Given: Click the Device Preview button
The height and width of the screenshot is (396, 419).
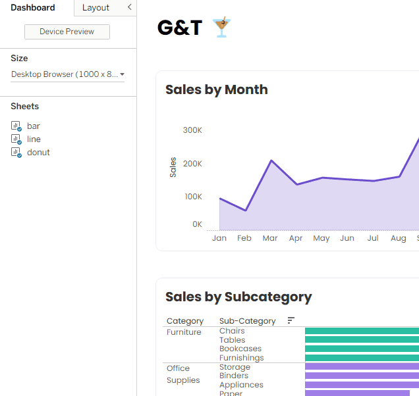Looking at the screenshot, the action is tap(67, 32).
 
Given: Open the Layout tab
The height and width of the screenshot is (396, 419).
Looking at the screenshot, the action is tap(96, 7).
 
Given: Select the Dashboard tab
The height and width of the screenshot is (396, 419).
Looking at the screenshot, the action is tap(32, 7).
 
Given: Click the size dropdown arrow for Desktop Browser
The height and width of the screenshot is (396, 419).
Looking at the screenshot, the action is tap(122, 74).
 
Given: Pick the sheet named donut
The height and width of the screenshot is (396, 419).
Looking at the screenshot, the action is tap(38, 153).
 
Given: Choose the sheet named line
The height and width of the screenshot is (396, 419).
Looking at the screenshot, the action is tap(34, 139).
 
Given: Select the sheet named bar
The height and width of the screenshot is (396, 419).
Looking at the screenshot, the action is tap(34, 126).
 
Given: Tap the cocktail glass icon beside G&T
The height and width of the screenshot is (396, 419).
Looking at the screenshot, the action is tap(221, 27).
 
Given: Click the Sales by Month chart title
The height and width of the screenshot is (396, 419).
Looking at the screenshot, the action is tap(217, 89).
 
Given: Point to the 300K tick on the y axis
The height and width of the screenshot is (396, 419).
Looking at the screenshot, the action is tap(192, 130).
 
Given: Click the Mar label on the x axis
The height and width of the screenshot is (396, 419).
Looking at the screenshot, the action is tap(270, 238).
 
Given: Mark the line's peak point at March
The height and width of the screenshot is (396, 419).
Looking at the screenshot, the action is tap(271, 161).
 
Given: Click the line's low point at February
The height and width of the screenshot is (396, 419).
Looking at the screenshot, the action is tap(245, 210).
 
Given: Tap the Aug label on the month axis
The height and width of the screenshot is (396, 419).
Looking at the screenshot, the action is tap(399, 238).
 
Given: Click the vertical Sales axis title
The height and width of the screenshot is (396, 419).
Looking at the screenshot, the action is tap(173, 167).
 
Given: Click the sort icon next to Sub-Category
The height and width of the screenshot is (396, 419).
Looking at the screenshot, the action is tap(291, 320).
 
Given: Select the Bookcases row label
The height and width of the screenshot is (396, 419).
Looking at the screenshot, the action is tap(240, 349).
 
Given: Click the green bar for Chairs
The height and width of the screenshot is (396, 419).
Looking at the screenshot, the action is tap(362, 331).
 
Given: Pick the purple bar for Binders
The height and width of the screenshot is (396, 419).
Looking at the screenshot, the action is tap(362, 376).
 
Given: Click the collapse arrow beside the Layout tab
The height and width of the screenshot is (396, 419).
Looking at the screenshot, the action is tap(130, 7).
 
